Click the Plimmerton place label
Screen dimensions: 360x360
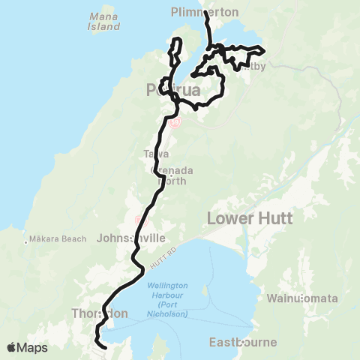(204, 12)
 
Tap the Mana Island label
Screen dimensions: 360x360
(104, 21)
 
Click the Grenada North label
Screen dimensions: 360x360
(173, 175)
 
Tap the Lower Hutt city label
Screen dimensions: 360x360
(250, 218)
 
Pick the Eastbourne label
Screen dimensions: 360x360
(244, 342)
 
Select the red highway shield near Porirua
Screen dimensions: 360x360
(175, 122)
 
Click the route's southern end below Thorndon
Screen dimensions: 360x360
(104, 348)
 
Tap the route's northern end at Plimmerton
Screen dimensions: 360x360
(205, 13)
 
